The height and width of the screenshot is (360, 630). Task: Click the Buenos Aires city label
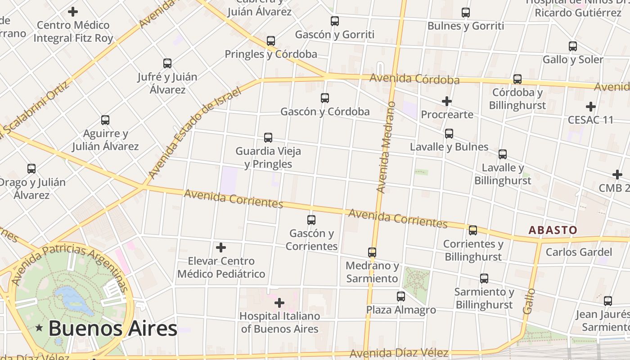112,328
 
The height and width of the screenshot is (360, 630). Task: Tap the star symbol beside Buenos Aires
40,328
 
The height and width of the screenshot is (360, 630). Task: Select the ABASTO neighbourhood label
553,230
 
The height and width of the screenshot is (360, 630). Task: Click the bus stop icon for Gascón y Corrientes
311,220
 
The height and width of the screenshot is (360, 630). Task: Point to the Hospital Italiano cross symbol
279,303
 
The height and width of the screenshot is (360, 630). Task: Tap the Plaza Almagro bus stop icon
400,297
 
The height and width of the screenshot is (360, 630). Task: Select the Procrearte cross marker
446,102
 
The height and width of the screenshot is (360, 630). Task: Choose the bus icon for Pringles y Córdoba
270,41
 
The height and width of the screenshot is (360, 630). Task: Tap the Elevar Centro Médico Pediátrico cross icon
221,247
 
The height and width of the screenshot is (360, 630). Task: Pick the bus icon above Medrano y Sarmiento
372,252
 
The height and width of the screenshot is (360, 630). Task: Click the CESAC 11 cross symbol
590,107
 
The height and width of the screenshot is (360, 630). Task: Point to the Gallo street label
530,301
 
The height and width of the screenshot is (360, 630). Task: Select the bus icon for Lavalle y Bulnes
449,134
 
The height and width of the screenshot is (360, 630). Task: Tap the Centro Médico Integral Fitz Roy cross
73,12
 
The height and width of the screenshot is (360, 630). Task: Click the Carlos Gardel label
579,252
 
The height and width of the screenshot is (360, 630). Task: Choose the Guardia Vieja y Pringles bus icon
268,138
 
